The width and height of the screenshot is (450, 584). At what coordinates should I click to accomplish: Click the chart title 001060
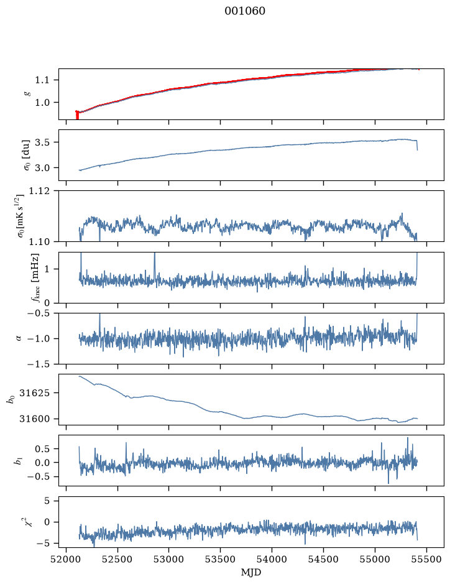(245, 11)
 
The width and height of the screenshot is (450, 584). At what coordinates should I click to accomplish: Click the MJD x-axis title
(251, 572)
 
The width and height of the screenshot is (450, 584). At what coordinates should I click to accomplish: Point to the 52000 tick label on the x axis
(67, 559)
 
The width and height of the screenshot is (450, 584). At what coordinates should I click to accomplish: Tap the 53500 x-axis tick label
(220, 559)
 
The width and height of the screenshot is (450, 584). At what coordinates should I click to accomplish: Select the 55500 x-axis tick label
(426, 559)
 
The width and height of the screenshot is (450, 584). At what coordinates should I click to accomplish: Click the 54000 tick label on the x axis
(272, 559)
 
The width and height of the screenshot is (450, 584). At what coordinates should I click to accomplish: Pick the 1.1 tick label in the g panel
(42, 80)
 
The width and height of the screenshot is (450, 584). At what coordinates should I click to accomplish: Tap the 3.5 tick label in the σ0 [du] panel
(42, 142)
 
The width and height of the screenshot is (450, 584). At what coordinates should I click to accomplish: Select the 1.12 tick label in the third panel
(39, 191)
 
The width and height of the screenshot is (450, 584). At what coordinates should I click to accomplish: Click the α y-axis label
(19, 338)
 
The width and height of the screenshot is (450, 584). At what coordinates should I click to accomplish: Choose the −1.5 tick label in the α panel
(39, 364)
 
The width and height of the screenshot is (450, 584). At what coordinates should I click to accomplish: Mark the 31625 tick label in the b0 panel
(34, 393)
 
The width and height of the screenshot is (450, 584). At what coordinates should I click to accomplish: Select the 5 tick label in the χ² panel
(47, 501)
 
